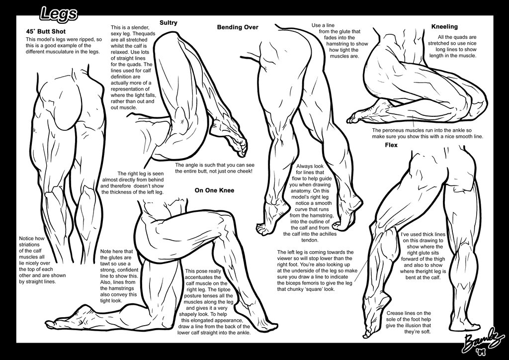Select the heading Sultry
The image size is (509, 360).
(x=168, y=23)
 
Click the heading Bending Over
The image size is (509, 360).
(x=238, y=27)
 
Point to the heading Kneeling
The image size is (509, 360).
(x=444, y=26)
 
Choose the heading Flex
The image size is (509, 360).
(x=391, y=145)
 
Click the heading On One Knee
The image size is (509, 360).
(x=214, y=190)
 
